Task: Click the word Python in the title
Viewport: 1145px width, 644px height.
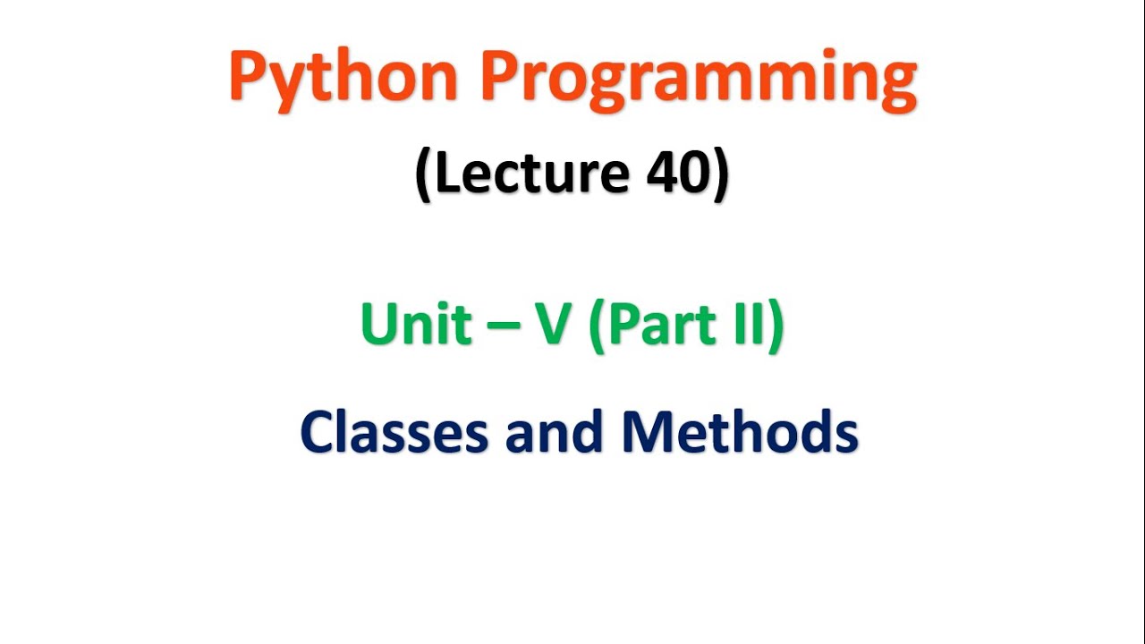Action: pyautogui.click(x=344, y=79)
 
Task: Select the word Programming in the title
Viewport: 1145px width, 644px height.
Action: pyautogui.click(x=699, y=79)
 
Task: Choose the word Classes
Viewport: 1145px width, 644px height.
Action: pyautogui.click(x=394, y=432)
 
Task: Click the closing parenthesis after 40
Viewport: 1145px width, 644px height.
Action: pyautogui.click(x=719, y=175)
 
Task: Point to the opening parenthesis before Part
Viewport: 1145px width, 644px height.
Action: pyautogui.click(x=597, y=326)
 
